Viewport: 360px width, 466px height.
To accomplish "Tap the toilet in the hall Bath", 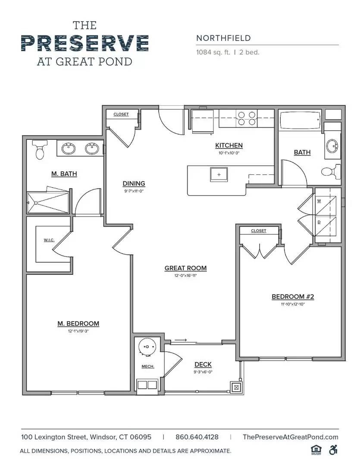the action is [x=331, y=171].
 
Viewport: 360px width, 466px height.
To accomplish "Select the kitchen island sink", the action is [x=219, y=174].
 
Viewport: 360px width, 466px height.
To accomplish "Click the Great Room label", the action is [x=186, y=268].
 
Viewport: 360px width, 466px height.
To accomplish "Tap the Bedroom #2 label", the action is [x=293, y=296].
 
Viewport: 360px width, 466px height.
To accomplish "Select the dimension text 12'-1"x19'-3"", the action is [x=78, y=331].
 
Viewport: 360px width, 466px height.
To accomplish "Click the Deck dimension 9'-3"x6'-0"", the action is [x=203, y=372].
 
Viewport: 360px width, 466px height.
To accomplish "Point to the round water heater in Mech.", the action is [x=147, y=347].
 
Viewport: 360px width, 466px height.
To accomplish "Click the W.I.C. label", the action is [x=49, y=240].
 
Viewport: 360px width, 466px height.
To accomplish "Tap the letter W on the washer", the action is [x=319, y=201].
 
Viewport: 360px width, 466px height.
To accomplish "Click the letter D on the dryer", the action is [x=319, y=222].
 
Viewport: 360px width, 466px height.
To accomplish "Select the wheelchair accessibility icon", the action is [x=333, y=450].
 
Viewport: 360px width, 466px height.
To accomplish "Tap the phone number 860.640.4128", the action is [x=197, y=437].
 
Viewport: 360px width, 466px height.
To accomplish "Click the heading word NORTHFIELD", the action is [x=223, y=38].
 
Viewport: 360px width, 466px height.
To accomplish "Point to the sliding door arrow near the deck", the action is [x=181, y=340].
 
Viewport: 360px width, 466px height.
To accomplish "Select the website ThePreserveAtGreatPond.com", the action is [x=291, y=437].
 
